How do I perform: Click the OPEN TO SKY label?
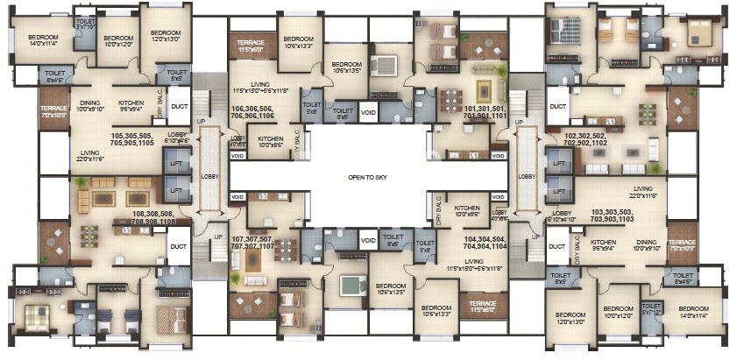[x=367, y=177]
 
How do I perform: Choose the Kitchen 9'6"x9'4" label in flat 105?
[x=131, y=106]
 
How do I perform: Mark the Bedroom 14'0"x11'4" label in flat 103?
[x=694, y=313]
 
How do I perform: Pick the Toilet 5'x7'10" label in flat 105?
[x=86, y=24]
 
